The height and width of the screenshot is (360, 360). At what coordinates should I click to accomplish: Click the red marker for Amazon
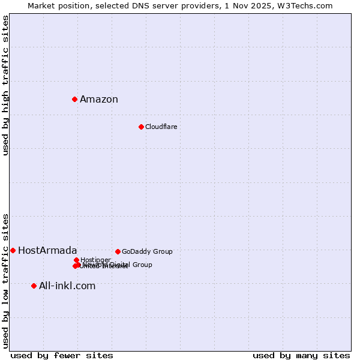[74, 99]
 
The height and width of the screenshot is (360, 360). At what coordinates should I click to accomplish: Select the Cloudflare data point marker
[141, 127]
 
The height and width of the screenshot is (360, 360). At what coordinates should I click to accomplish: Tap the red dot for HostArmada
[13, 250]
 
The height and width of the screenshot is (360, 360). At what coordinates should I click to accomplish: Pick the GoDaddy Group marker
[118, 251]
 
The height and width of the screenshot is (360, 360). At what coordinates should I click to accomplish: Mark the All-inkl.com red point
[34, 286]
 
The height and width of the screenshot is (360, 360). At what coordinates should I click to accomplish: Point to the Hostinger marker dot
[76, 260]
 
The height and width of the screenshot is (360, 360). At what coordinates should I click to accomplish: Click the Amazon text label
[99, 100]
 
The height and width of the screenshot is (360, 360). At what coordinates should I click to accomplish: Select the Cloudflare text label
[161, 127]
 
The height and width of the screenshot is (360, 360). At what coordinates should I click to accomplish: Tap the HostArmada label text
[47, 251]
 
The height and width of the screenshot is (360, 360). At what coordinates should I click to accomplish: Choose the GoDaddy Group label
[147, 252]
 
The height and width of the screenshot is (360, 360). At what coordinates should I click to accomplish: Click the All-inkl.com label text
[67, 286]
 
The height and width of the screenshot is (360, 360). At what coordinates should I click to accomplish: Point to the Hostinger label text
[95, 260]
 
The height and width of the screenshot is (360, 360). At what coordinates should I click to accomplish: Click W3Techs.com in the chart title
[308, 5]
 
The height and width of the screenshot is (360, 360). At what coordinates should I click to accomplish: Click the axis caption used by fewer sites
[62, 355]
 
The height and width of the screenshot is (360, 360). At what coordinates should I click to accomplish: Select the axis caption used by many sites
[301, 355]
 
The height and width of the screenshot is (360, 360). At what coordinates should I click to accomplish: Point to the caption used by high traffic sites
[6, 85]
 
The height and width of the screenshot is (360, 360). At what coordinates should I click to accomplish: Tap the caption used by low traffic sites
[6, 280]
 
